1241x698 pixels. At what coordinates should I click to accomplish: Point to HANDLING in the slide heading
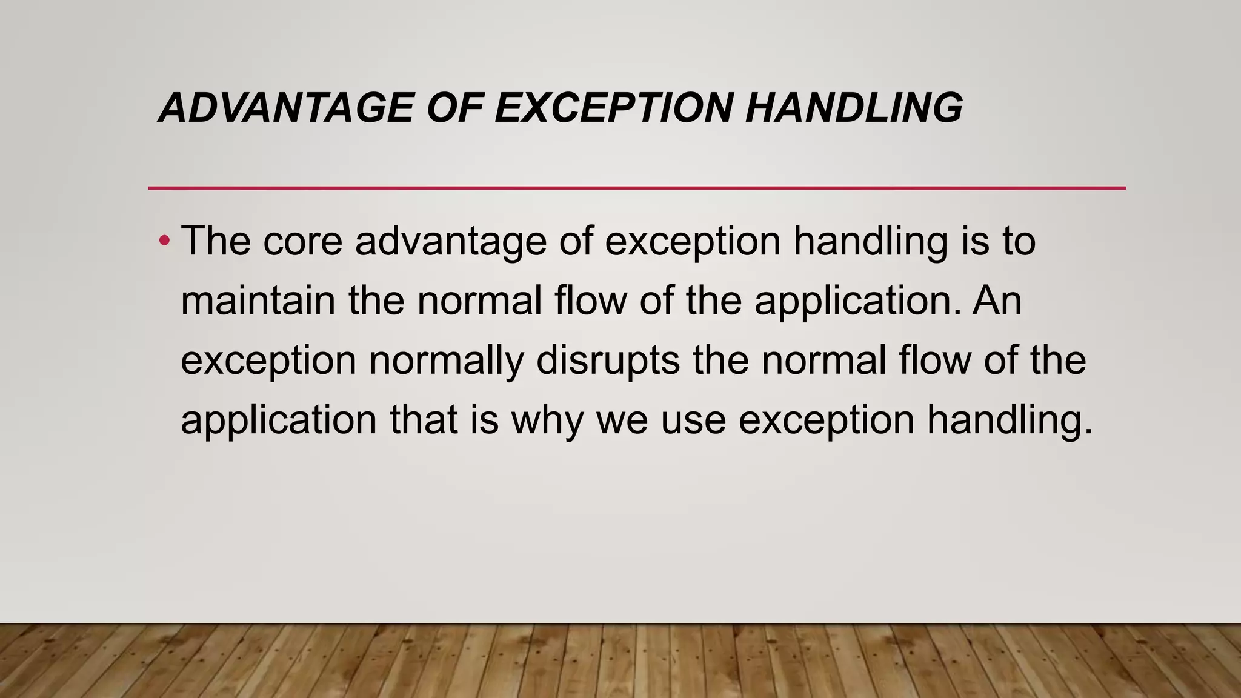click(854, 108)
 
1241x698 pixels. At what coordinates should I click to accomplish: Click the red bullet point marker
click(164, 242)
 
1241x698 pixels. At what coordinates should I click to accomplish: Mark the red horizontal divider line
click(636, 188)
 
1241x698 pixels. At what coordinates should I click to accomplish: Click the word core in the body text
click(302, 241)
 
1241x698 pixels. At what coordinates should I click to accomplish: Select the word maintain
click(258, 301)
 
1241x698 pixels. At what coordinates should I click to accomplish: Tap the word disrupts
click(608, 360)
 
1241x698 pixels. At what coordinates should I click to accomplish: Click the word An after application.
click(997, 301)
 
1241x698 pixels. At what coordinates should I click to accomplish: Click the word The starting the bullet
click(216, 241)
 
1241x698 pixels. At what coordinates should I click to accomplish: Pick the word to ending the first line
click(1019, 241)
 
